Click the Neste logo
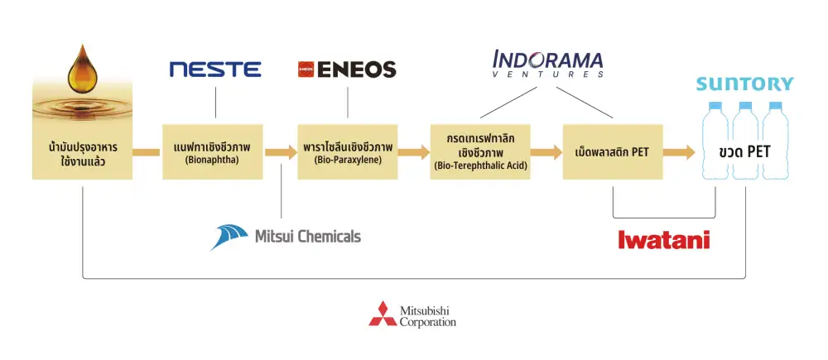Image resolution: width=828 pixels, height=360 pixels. coord(215,70)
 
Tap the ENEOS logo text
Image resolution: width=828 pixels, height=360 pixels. coord(355,70)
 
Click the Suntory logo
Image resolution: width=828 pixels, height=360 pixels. coord(744,84)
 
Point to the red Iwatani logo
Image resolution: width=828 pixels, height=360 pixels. coord(664,239)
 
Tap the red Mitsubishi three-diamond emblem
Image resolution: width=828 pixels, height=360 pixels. coord(383,314)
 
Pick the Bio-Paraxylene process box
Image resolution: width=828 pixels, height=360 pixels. coord(347,151)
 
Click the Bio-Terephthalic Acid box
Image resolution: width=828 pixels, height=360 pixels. coord(480,151)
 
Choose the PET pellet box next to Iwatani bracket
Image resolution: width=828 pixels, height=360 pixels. coord(612,151)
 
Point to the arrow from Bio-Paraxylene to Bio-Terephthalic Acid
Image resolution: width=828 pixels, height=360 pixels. coord(413,152)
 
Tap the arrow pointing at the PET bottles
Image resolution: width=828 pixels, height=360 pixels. coord(679,152)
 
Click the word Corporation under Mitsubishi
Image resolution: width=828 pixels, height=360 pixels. coord(427,322)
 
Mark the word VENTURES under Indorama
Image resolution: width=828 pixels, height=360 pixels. coord(548,74)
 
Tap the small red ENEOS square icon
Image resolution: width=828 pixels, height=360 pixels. coord(304,70)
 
